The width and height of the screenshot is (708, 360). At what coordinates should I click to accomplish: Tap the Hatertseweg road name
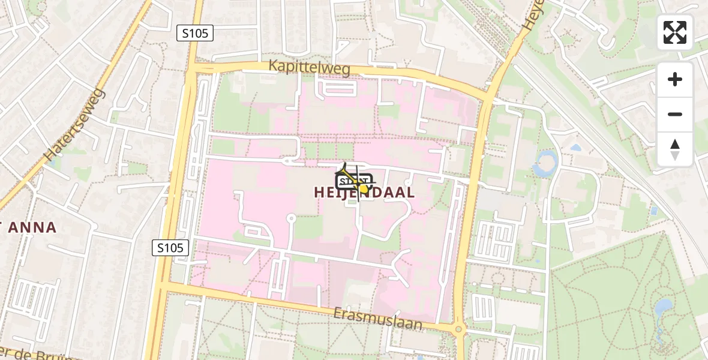point(75,125)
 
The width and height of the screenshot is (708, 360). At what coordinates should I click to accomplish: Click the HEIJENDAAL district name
point(364,192)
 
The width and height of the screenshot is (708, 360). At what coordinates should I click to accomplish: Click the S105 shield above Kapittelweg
point(196,34)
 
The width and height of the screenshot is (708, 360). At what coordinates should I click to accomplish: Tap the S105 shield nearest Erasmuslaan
point(170,247)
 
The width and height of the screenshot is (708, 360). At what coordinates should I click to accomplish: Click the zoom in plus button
point(675,79)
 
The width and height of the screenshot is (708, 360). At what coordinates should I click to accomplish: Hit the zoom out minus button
point(675,114)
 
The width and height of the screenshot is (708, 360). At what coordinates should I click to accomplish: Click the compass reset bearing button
point(675,149)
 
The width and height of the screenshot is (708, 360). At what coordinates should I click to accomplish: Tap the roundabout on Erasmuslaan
point(459,328)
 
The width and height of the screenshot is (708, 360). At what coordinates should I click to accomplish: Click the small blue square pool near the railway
point(654,211)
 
